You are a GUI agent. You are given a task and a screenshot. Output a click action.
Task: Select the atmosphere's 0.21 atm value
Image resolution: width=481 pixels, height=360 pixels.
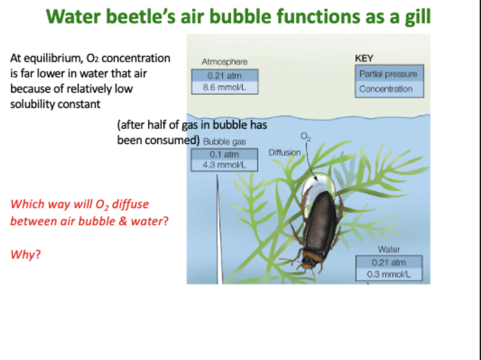(x=224, y=76)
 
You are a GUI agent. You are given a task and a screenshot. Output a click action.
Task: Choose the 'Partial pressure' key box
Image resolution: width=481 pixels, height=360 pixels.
(x=388, y=75)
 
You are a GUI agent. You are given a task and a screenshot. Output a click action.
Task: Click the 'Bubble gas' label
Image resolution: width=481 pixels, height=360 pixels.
(x=224, y=142)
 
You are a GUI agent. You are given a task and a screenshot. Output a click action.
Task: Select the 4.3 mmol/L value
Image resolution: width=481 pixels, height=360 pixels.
(x=217, y=165)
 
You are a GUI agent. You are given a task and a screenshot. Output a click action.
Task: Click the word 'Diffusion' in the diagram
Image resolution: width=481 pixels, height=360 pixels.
(x=285, y=153)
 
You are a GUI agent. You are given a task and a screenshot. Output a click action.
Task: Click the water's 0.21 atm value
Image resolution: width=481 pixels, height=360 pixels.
(x=388, y=262)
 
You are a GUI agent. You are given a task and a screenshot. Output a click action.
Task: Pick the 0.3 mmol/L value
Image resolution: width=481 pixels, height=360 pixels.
(x=388, y=274)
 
